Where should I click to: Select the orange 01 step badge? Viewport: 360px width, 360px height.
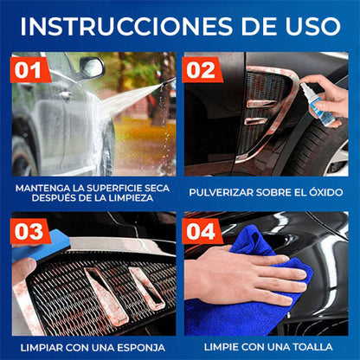coord(31,67)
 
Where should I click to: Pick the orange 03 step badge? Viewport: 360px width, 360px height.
coord(31,232)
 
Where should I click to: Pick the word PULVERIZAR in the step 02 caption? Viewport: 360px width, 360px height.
coord(222,191)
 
